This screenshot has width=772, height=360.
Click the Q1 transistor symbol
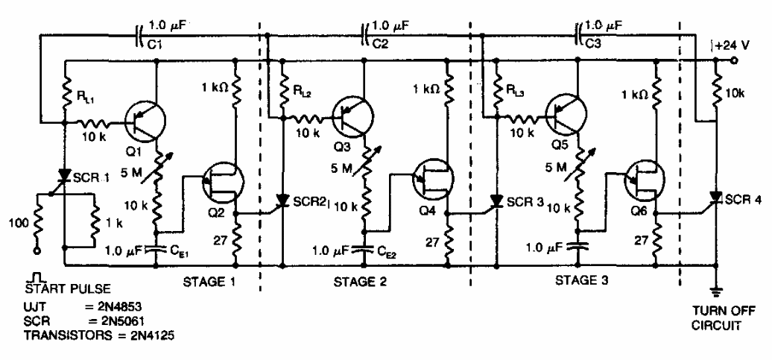click(146, 121)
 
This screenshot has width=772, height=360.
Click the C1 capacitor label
click(154, 45)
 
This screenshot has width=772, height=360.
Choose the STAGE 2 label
click(361, 282)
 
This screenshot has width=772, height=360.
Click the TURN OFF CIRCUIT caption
click(717, 319)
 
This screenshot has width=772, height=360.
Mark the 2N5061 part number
click(124, 322)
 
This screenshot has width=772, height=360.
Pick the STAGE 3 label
click(582, 282)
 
